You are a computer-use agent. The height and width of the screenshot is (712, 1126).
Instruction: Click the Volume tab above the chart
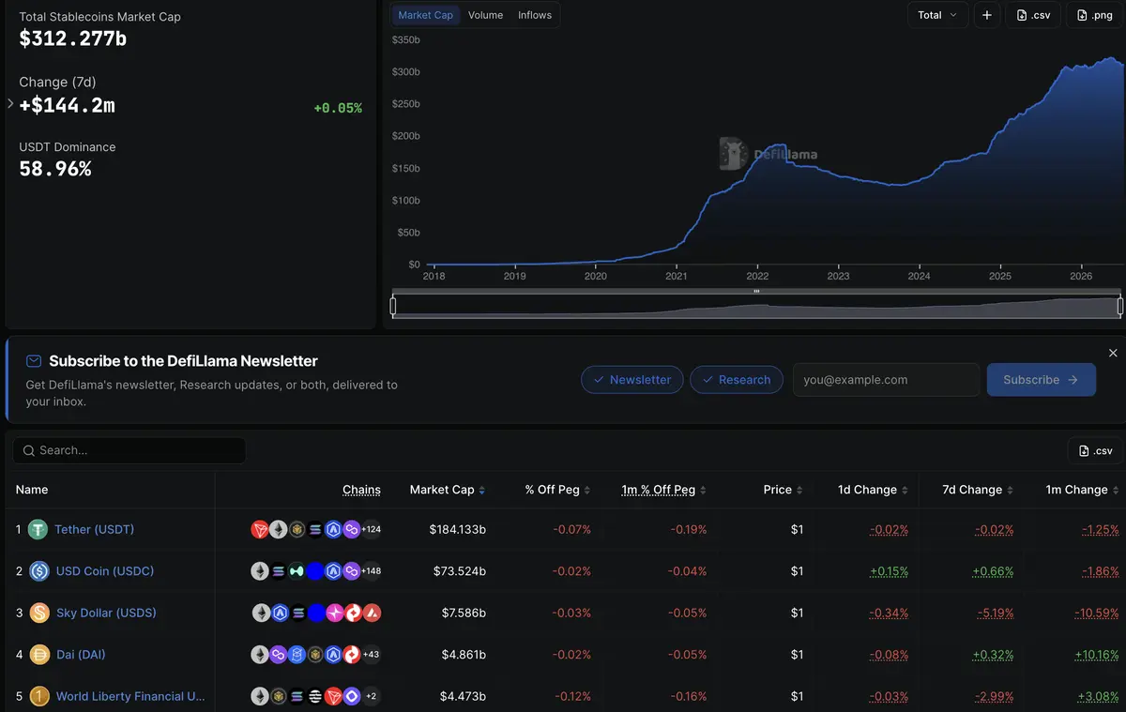click(x=485, y=15)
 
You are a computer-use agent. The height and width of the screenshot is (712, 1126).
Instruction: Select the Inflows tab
click(x=534, y=15)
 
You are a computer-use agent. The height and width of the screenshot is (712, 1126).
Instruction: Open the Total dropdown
click(x=937, y=15)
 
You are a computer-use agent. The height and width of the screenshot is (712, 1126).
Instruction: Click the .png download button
click(x=1094, y=15)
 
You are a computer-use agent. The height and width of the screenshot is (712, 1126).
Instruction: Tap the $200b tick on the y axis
click(x=405, y=136)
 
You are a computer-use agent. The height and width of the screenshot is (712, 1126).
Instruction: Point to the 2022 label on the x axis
click(x=757, y=276)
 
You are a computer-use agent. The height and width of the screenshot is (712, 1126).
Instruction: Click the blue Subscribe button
click(x=1041, y=379)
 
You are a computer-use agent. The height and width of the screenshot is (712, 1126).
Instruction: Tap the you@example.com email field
click(x=886, y=379)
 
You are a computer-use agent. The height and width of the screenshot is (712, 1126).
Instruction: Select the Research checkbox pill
click(x=736, y=379)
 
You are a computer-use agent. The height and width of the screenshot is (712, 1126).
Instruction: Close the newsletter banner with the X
click(x=1113, y=353)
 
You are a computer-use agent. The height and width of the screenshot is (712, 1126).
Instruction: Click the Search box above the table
click(x=129, y=450)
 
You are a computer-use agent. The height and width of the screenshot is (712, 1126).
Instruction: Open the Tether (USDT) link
click(x=94, y=529)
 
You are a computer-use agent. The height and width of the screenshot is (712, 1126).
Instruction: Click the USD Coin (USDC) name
click(x=104, y=570)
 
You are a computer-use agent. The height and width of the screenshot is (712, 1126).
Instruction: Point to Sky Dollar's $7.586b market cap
click(x=464, y=613)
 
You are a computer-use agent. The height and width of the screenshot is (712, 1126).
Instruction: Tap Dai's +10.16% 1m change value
click(x=1096, y=654)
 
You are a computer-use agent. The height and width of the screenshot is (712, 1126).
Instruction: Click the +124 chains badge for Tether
click(x=371, y=529)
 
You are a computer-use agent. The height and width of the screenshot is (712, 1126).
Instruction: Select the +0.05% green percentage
click(x=337, y=108)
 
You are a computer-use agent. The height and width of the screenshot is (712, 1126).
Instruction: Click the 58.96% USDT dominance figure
click(x=55, y=169)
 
